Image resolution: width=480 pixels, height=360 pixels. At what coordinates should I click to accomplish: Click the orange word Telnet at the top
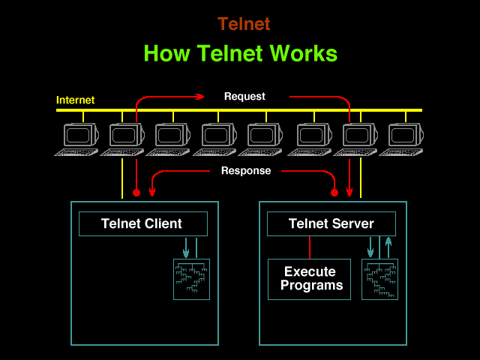pyautogui.click(x=244, y=24)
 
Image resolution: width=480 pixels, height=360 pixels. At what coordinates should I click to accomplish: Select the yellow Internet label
pyautogui.click(x=75, y=100)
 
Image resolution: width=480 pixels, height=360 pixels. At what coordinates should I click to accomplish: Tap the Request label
pyautogui.click(x=244, y=96)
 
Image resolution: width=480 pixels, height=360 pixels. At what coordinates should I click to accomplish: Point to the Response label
pyautogui.click(x=245, y=170)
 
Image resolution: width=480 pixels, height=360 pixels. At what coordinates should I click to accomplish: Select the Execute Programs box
pyautogui.click(x=309, y=279)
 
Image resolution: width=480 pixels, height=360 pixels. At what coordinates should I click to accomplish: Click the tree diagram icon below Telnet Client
pyautogui.click(x=191, y=279)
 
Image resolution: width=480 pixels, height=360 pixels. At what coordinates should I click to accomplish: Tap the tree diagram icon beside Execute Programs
pyautogui.click(x=379, y=279)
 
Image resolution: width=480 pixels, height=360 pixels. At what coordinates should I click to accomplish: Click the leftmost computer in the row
pyautogui.click(x=78, y=138)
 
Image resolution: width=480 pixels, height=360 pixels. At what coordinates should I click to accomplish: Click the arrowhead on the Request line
pyautogui.click(x=200, y=96)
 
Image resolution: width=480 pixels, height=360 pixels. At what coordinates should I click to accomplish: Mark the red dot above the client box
pyautogui.click(x=136, y=193)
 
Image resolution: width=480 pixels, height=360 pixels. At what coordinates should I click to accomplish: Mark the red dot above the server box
pyautogui.click(x=334, y=193)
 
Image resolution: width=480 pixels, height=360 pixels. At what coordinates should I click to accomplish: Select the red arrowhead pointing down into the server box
pyautogui.click(x=349, y=193)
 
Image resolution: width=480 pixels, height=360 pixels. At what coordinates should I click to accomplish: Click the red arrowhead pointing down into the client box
pyautogui.click(x=152, y=193)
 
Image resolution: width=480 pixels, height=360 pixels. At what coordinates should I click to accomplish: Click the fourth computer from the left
pyautogui.click(x=217, y=138)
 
